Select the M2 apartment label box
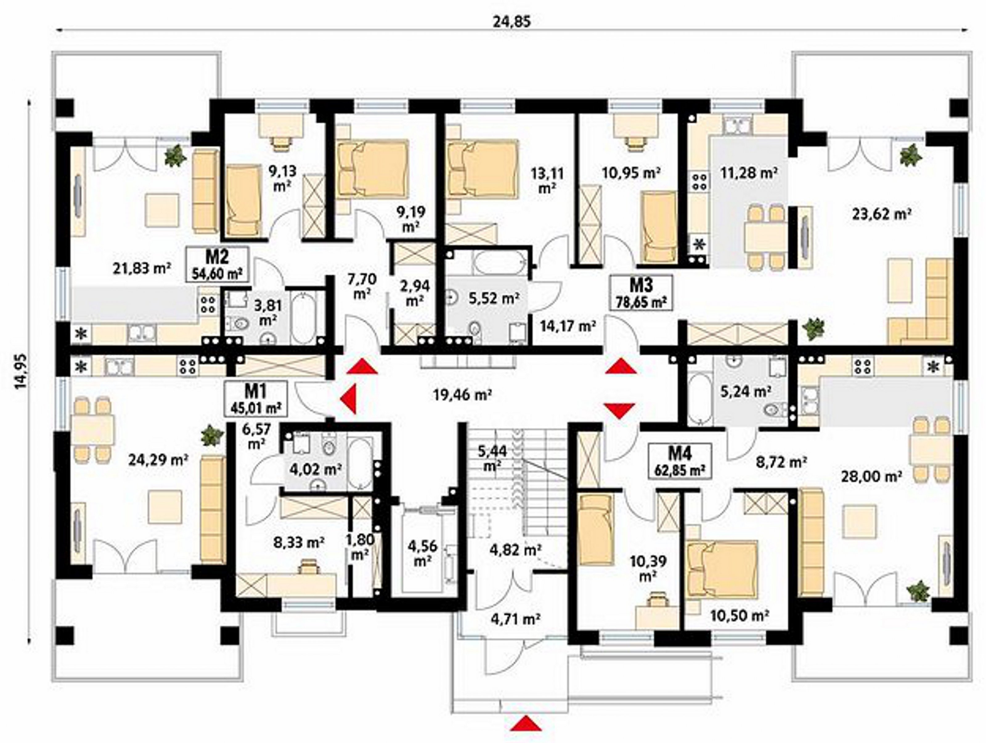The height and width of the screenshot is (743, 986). pos(217,264)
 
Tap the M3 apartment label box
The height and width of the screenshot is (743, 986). pos(641,292)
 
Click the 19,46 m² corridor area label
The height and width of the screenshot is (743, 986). pos(463,394)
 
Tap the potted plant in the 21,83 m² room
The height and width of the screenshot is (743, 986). pos(175,156)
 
